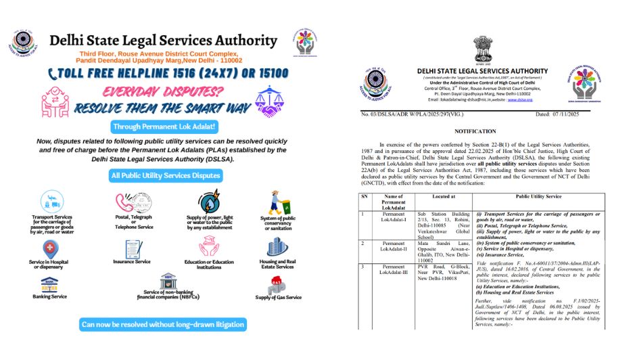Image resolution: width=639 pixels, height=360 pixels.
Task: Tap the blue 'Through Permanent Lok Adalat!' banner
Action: click(x=164, y=127)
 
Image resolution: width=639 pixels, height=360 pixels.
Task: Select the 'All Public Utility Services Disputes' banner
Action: click(x=165, y=175)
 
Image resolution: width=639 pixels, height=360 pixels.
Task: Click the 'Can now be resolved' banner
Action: click(x=162, y=324)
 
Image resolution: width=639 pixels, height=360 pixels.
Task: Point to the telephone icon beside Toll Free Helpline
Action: click(x=52, y=72)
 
